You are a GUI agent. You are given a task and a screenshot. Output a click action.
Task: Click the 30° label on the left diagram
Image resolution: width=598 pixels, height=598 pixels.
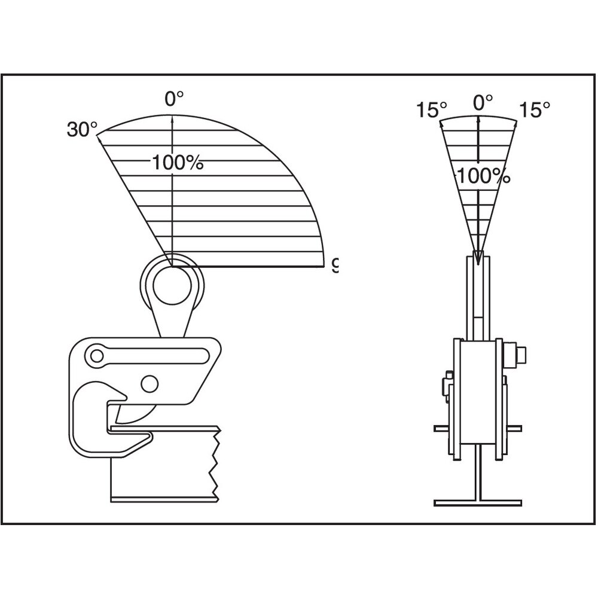82,129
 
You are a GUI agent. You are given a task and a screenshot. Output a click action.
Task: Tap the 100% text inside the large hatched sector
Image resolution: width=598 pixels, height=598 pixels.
178,162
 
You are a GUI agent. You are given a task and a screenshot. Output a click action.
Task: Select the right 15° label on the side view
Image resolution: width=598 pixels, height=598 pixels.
534,109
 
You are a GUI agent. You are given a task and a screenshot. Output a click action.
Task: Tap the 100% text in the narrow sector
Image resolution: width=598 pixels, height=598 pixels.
484,175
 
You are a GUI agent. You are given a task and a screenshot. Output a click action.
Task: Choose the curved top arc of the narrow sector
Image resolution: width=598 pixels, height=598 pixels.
478,116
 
